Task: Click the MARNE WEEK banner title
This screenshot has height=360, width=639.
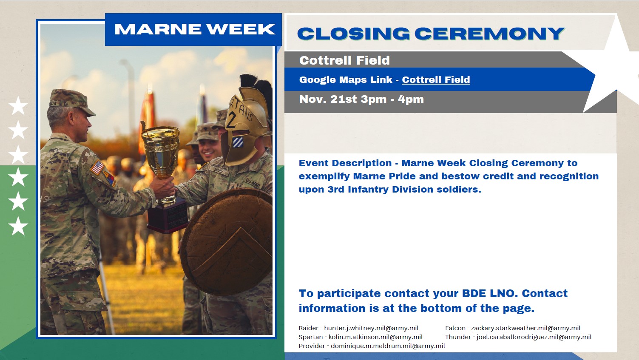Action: tap(195, 29)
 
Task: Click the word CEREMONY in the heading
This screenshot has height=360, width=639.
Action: tap(489, 34)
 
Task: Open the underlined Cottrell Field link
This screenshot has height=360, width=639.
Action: tap(436, 79)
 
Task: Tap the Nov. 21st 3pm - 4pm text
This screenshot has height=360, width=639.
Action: tap(361, 99)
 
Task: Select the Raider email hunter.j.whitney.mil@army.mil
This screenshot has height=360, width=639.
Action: tap(371, 328)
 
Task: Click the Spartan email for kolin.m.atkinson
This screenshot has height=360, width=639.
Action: tap(375, 337)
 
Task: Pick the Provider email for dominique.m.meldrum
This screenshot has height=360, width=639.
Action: tap(388, 346)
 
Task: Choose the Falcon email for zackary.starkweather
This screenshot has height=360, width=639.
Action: tap(525, 328)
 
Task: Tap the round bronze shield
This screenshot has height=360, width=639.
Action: tap(227, 241)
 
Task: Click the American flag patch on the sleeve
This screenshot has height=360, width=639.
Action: tap(97, 167)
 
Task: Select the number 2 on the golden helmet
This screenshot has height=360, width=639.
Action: tap(231, 120)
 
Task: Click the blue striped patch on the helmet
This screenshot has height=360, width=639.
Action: tap(238, 142)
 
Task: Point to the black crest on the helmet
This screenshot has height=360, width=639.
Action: tap(257, 88)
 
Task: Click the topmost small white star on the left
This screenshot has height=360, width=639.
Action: tap(18, 105)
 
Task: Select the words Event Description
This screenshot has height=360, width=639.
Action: tap(345, 163)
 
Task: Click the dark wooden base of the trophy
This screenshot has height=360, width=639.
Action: tap(167, 216)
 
